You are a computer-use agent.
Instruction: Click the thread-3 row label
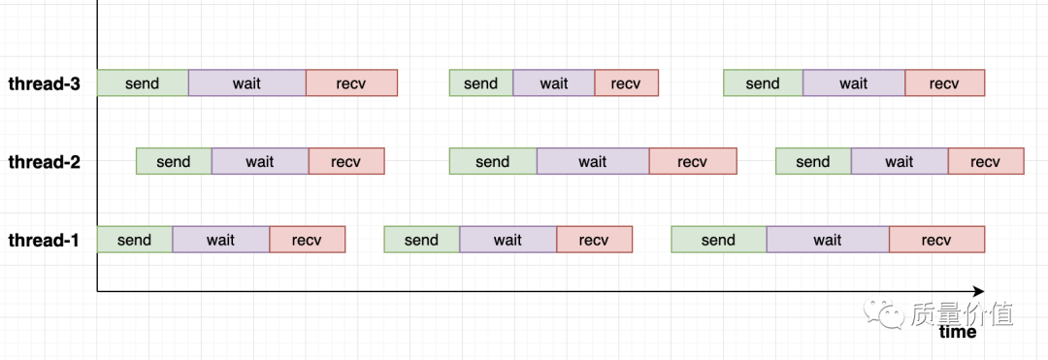(44, 83)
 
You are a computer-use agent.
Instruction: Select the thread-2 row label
(44, 162)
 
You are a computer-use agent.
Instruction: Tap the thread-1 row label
(44, 241)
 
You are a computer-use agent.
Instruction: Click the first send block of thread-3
(143, 83)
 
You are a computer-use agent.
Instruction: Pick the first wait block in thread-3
(246, 83)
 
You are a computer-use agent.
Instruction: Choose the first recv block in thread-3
(351, 83)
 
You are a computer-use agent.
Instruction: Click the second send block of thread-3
(480, 83)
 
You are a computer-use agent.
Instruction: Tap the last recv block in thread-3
(944, 83)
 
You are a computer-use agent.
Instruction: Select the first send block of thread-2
(174, 162)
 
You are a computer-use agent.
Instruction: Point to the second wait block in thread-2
(592, 162)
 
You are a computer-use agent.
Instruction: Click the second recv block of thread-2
(692, 162)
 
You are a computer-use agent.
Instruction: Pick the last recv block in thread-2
(985, 162)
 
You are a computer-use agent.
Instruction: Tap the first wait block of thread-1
(220, 241)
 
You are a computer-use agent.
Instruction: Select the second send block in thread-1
(421, 241)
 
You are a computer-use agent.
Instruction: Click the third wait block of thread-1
(827, 241)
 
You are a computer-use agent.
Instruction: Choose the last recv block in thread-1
(936, 241)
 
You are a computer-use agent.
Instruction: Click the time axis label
(958, 332)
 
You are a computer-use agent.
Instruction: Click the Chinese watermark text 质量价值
(962, 312)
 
